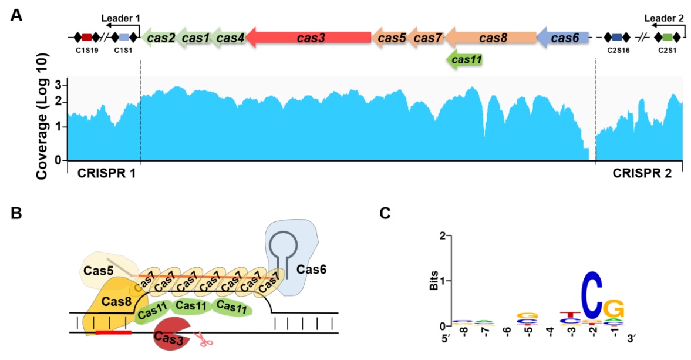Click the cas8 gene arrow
pyautogui.click(x=491, y=38)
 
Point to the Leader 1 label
pyautogui.click(x=120, y=19)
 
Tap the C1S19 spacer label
pyautogui.click(x=87, y=51)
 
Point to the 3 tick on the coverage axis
pyautogui.click(x=58, y=86)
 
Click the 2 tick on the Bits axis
pyautogui.click(x=446, y=235)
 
